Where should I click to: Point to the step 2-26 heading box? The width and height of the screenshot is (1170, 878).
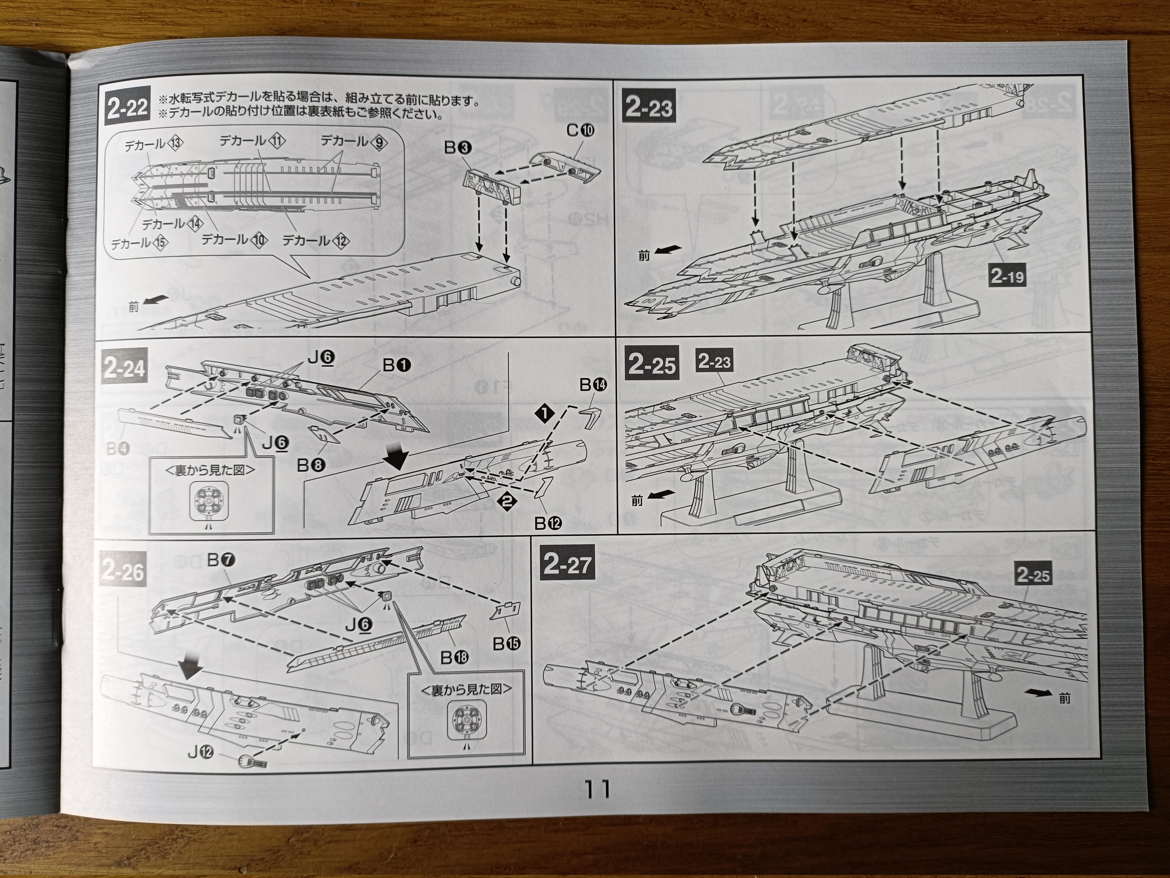click(x=122, y=572)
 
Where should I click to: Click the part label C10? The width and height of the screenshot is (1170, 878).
click(x=580, y=130)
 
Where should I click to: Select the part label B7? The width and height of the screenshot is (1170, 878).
click(x=221, y=560)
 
